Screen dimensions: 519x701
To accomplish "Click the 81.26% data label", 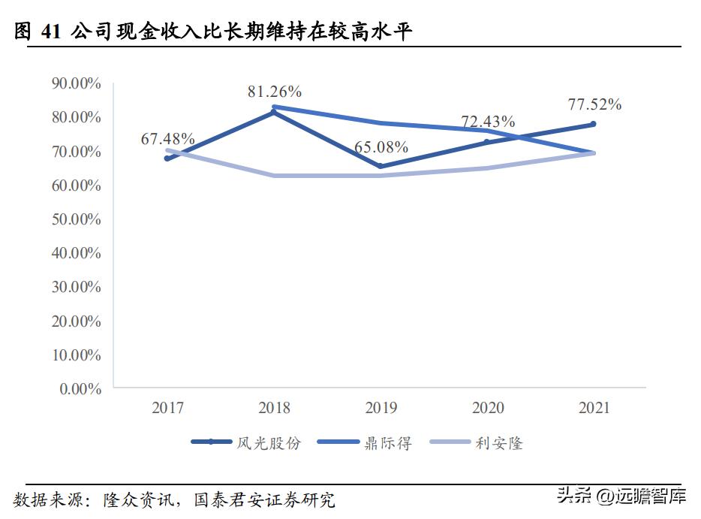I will tap(275, 92).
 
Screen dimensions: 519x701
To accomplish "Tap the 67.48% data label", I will tap(168, 140).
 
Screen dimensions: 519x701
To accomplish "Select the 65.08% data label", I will tap(381, 146).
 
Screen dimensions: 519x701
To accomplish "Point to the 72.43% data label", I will tap(488, 121).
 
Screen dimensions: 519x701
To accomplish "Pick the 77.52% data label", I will tap(594, 104).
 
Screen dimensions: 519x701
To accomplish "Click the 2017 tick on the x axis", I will tap(167, 408).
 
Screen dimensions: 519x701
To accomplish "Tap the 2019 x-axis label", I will tap(381, 408).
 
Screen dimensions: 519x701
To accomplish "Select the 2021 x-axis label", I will tap(594, 408).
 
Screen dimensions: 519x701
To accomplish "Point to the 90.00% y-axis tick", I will tap(76, 83).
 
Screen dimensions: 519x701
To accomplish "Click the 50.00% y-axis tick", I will tap(76, 219).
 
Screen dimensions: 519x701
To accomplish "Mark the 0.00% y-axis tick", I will tap(80, 389).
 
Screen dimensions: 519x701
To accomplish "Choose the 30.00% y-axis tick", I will tap(76, 287).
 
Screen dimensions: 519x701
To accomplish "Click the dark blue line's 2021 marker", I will tap(593, 124).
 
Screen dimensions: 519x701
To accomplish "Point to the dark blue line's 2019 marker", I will tap(381, 166).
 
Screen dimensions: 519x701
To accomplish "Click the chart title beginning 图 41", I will tap(214, 32).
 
